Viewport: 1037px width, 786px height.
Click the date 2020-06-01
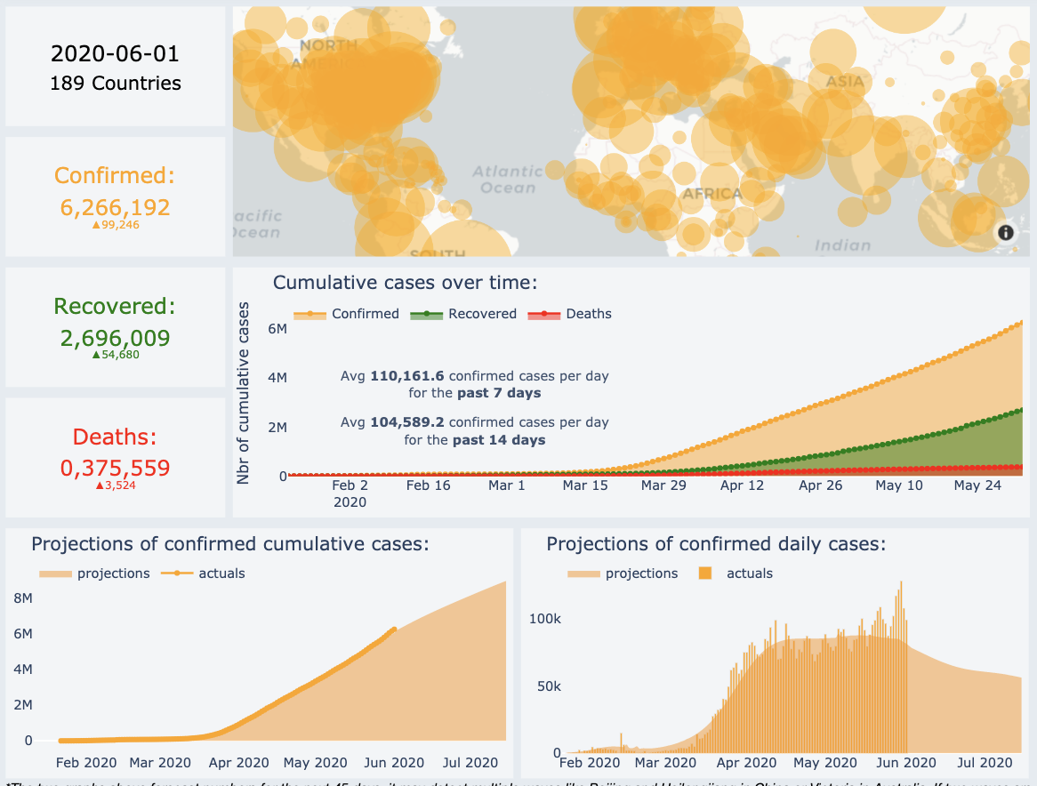pos(115,53)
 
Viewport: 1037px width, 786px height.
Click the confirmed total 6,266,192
pos(115,207)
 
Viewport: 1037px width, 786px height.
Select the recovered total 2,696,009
pos(115,338)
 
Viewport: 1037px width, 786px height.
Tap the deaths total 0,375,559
pos(115,468)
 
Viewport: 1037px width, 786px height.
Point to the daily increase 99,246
pos(116,225)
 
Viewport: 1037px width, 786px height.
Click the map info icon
pos(1006,233)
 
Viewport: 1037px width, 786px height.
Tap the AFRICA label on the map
pos(711,194)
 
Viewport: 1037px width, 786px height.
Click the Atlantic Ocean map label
pos(508,179)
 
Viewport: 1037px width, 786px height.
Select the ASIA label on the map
pos(845,82)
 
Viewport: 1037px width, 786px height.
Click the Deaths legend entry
pos(588,314)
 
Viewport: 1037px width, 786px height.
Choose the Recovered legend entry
pos(482,314)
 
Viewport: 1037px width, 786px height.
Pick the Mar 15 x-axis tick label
pos(585,485)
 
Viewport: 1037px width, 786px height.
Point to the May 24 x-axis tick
pos(978,485)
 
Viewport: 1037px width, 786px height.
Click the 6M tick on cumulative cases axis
pos(277,329)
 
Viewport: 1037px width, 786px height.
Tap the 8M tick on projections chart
pos(23,598)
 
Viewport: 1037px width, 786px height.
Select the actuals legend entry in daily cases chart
pos(749,573)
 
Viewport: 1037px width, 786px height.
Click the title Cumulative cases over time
pos(405,283)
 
